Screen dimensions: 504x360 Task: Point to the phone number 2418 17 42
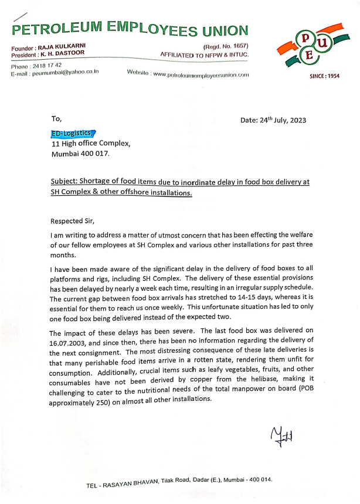(47, 66)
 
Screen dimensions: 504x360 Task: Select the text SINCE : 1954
(324, 76)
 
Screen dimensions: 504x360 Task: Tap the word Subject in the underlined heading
(63, 182)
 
